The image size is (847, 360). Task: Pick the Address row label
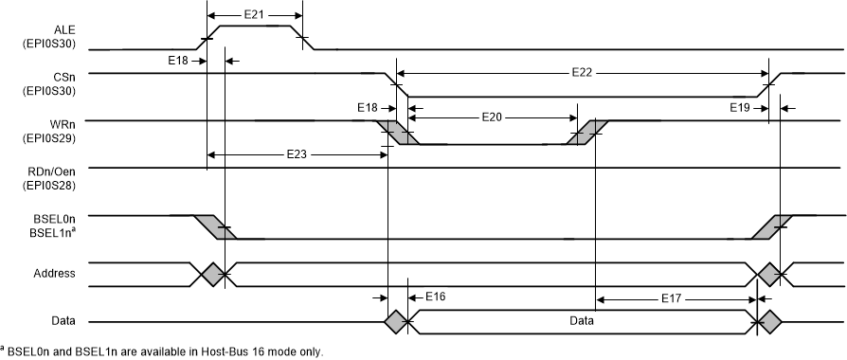(56, 274)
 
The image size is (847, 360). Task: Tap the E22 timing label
(584, 71)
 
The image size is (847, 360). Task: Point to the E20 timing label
(492, 118)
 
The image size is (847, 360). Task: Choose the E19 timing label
(740, 107)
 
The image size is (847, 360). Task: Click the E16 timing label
(434, 297)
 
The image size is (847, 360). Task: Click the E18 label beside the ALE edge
(177, 60)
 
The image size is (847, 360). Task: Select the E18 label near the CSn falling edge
(369, 107)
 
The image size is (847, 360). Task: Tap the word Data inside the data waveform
(582, 321)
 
